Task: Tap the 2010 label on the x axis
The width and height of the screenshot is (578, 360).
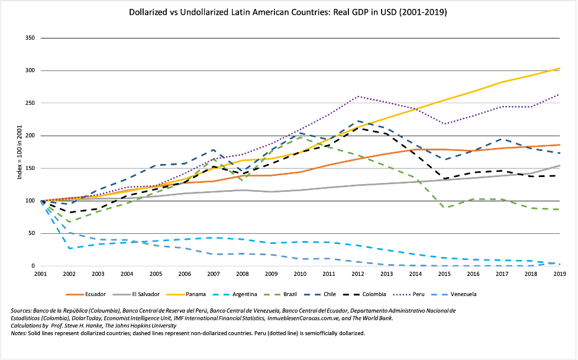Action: [x=300, y=275]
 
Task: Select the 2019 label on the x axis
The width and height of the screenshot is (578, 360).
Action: [x=560, y=275]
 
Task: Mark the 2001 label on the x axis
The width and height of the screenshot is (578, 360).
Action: [x=40, y=275]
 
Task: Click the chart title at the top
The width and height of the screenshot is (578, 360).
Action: [x=289, y=11]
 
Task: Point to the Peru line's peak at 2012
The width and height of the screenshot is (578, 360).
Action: [x=358, y=96]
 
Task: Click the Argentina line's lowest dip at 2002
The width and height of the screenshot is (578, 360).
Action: [x=70, y=248]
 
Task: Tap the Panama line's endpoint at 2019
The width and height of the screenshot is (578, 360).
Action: [x=560, y=69]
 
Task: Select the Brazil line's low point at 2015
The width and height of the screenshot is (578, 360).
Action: [x=444, y=208]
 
